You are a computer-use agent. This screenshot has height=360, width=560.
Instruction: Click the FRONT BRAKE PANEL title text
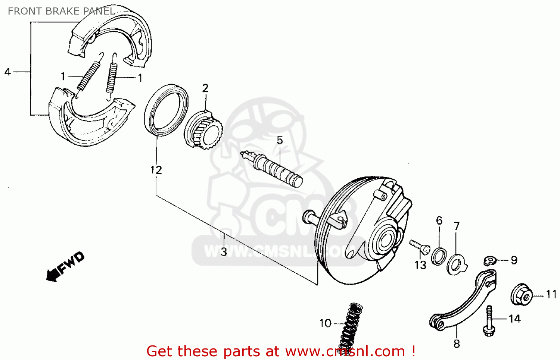point(61,11)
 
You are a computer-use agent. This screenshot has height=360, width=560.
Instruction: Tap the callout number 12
point(156,170)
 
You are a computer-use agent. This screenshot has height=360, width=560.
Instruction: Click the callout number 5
point(280,140)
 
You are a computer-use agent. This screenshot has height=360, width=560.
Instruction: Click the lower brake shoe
point(90,119)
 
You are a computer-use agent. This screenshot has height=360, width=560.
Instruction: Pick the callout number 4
point(7,72)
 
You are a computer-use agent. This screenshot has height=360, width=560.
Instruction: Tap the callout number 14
point(514,319)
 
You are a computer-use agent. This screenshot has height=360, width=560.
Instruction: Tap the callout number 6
point(439,220)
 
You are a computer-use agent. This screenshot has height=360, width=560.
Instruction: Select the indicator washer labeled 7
point(456,263)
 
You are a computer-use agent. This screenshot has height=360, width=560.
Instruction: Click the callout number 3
point(224,252)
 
